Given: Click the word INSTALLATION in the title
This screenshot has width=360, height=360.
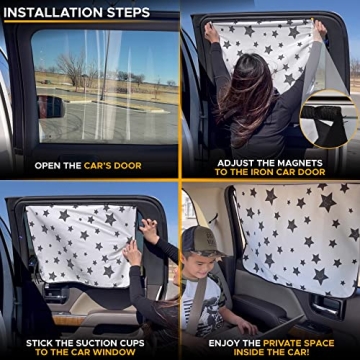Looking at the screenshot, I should pos(53,13).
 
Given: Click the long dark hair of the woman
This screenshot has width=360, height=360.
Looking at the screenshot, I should pos(245,100).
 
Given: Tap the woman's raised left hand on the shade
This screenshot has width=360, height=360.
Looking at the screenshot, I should pos(211,33).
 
